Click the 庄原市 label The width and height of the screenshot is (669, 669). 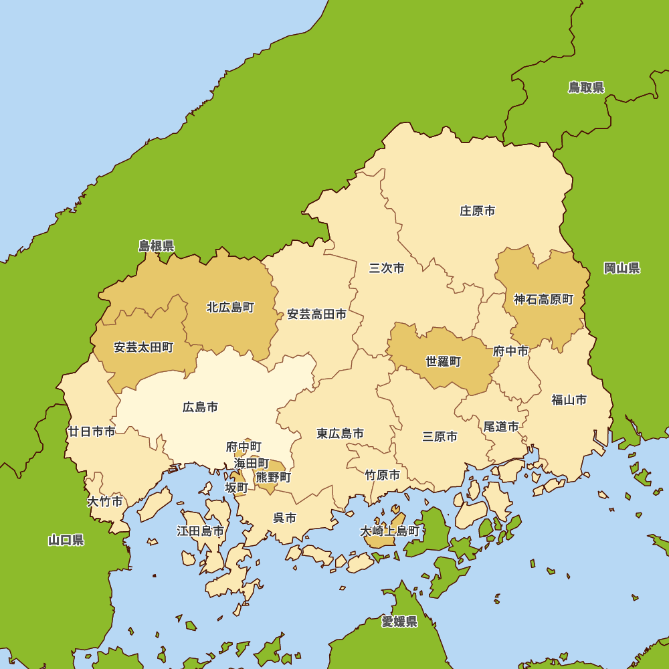pyautogui.click(x=478, y=211)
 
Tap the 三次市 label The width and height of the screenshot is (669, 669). pyautogui.click(x=387, y=268)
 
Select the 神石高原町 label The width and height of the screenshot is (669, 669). pyautogui.click(x=543, y=300)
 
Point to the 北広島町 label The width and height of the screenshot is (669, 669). pyautogui.click(x=230, y=308)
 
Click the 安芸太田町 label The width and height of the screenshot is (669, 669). pyautogui.click(x=143, y=347)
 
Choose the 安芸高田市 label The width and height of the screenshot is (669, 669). pyautogui.click(x=317, y=314)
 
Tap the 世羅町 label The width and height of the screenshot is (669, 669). pyautogui.click(x=444, y=361)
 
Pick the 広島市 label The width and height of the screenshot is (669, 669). pyautogui.click(x=200, y=407)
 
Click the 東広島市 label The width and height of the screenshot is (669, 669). pyautogui.click(x=341, y=434)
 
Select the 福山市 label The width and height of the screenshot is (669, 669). pyautogui.click(x=569, y=400)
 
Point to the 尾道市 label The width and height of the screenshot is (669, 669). pyautogui.click(x=501, y=426)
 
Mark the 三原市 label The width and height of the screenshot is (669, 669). pyautogui.click(x=440, y=437)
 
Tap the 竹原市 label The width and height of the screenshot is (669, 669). pyautogui.click(x=383, y=475)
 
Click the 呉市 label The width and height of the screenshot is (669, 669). pyautogui.click(x=284, y=518)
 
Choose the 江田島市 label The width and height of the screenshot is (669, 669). pyautogui.click(x=200, y=531)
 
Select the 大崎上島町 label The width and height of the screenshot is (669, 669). pyautogui.click(x=390, y=531)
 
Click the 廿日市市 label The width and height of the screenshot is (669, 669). pyautogui.click(x=92, y=432)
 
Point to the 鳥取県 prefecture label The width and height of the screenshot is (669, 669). pyautogui.click(x=586, y=88)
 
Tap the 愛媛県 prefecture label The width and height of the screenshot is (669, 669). pyautogui.click(x=399, y=622)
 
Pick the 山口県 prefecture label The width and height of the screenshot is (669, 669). pyautogui.click(x=66, y=540)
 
